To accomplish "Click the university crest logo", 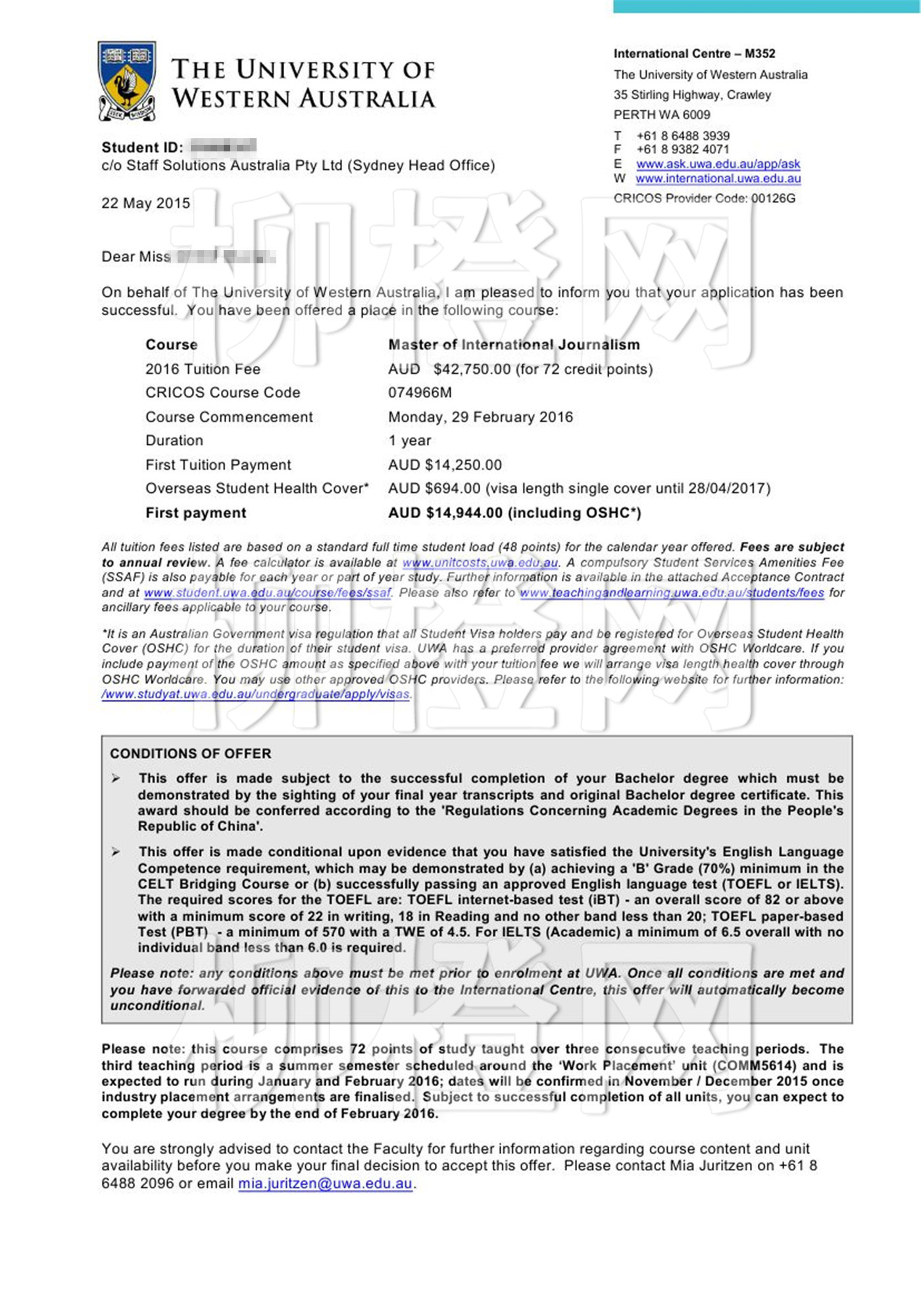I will [x=127, y=81].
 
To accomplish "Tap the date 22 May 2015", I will [x=145, y=203].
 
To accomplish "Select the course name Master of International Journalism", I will [x=513, y=345].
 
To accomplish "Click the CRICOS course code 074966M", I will [x=420, y=393].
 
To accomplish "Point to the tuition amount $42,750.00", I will [x=472, y=369].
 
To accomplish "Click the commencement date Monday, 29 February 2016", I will [x=480, y=417].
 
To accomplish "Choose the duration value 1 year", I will [x=409, y=441].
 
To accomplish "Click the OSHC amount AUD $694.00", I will [x=434, y=489].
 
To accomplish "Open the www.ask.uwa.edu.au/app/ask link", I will [x=718, y=164].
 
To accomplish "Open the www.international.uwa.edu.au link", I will [x=718, y=178].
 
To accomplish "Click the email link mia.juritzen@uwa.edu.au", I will [x=325, y=1184].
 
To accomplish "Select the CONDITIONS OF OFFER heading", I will [x=190, y=754].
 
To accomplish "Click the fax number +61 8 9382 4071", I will [x=682, y=149].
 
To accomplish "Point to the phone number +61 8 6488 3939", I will [x=682, y=136].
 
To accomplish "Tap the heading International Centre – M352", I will [x=694, y=54].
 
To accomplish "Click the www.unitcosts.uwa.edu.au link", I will [x=480, y=563].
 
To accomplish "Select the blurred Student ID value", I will [x=222, y=147].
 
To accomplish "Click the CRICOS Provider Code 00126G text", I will [x=704, y=198].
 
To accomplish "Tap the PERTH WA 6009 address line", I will [x=661, y=115].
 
